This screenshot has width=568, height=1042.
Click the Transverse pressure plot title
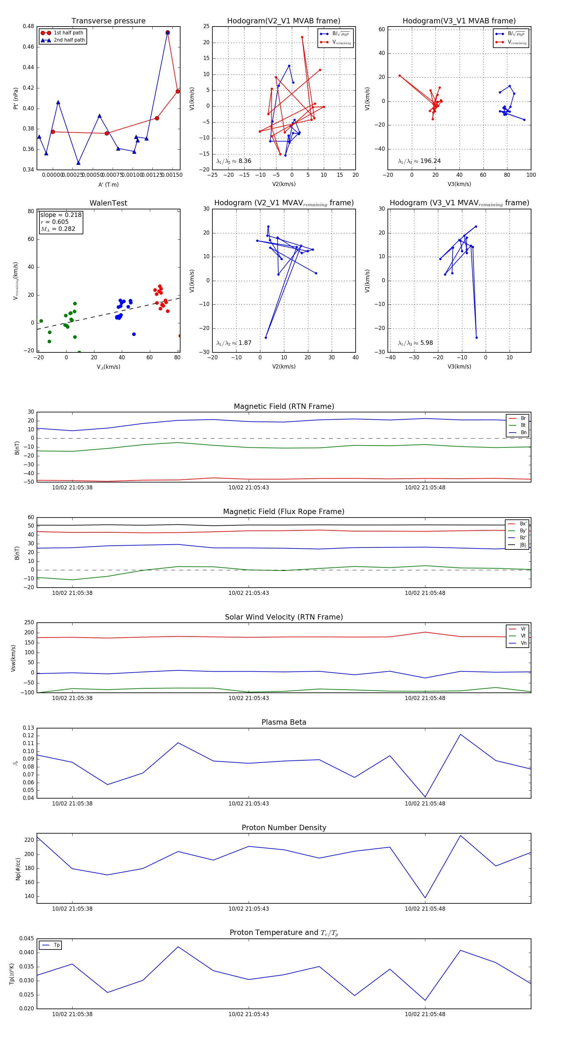click(x=108, y=21)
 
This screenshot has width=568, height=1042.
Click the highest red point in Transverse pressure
click(x=167, y=32)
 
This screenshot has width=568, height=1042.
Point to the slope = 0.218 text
click(x=61, y=215)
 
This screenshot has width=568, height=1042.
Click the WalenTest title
click(x=108, y=203)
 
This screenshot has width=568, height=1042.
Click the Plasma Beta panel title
click(x=284, y=722)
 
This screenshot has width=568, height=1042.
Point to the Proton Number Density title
click(x=284, y=828)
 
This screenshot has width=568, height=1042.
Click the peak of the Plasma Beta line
click(x=460, y=734)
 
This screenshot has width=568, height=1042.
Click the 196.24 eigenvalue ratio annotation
click(x=430, y=161)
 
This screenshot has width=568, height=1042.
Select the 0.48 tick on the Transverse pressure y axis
click(x=28, y=26)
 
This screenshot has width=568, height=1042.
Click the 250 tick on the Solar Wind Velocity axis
click(x=29, y=623)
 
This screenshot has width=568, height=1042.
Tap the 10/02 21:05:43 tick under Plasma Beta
click(x=249, y=803)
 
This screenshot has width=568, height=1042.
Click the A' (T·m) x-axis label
click(x=108, y=184)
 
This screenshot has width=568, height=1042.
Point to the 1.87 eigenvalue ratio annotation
click(x=245, y=343)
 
